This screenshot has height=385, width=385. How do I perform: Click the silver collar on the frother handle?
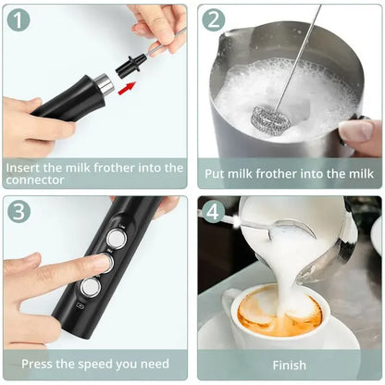[x=106, y=86]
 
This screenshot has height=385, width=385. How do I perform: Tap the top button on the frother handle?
[x=116, y=238]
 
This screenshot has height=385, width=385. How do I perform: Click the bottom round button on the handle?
[x=89, y=288]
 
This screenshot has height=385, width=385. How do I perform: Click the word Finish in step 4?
[x=289, y=365]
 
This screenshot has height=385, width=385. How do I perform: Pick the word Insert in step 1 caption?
[x=25, y=168]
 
